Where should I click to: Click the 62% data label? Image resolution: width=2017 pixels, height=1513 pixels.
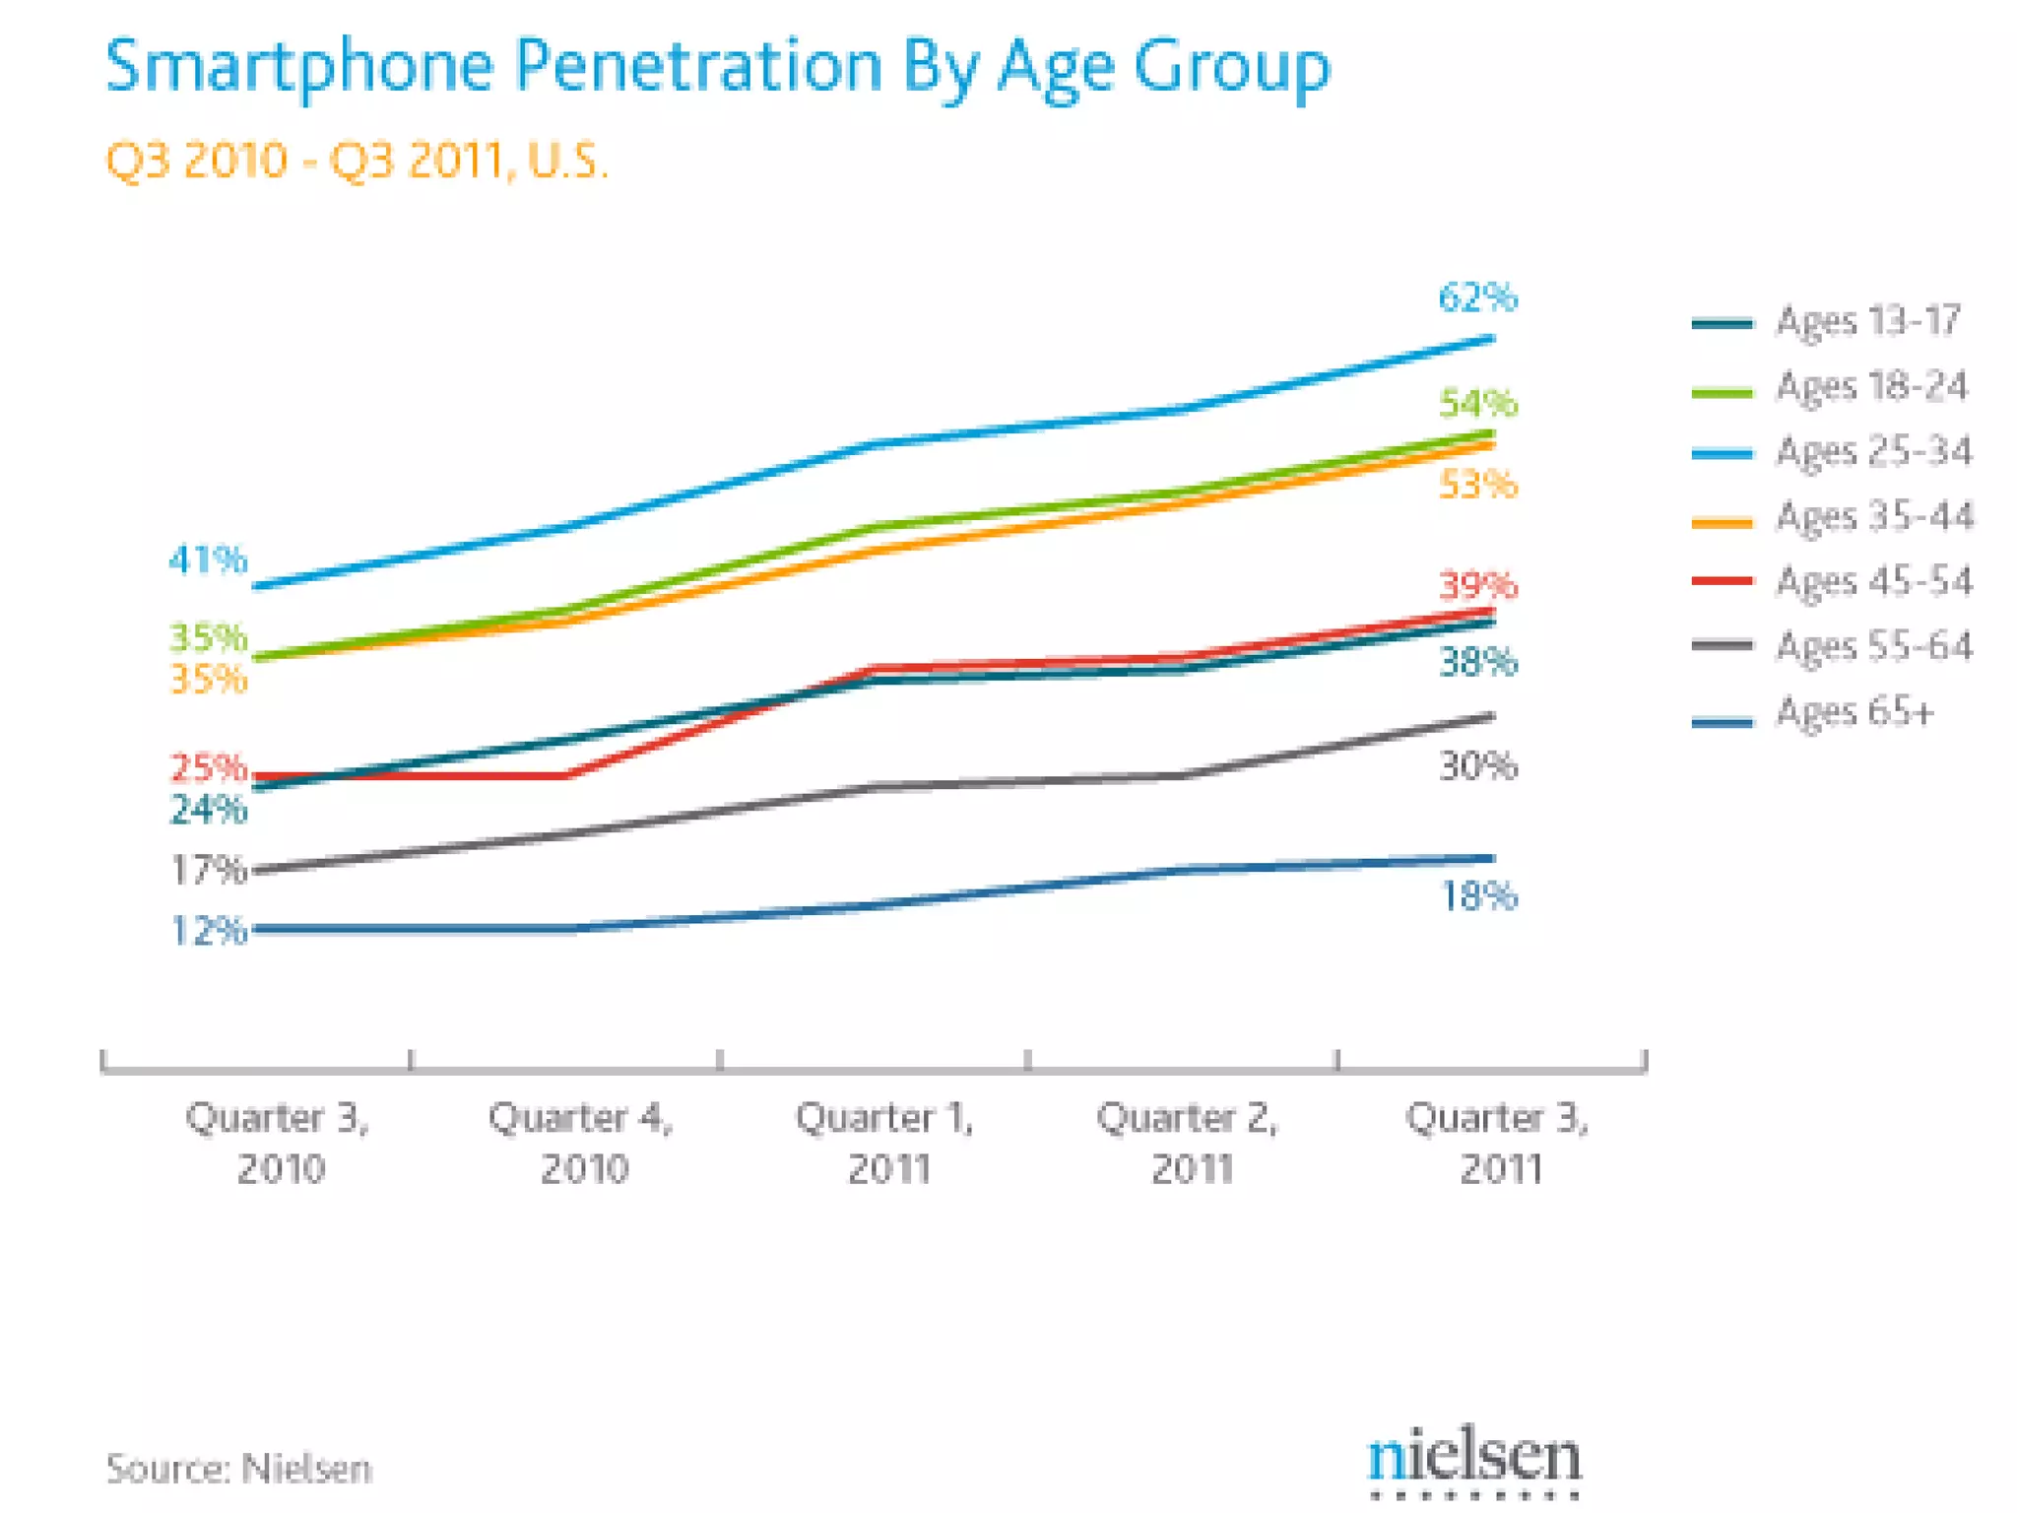(x=1477, y=297)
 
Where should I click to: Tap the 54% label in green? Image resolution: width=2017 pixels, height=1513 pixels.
(x=1477, y=404)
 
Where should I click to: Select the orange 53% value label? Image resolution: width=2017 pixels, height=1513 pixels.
(x=1477, y=485)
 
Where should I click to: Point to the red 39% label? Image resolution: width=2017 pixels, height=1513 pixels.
(x=1477, y=586)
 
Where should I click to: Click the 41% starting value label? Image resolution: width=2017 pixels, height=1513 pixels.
(x=208, y=560)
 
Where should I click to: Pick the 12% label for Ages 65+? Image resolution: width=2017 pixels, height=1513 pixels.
(x=208, y=931)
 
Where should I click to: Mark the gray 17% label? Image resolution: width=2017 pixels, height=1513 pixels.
(x=208, y=870)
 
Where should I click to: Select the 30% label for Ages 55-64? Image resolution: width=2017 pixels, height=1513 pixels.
(x=1477, y=765)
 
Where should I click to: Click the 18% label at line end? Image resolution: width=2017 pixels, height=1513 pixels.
(x=1477, y=896)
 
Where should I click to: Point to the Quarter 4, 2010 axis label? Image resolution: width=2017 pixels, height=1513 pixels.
(x=582, y=1143)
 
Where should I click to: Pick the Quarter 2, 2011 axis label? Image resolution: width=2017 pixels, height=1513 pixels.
(x=1190, y=1143)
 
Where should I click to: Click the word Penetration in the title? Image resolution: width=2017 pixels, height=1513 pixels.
(x=698, y=66)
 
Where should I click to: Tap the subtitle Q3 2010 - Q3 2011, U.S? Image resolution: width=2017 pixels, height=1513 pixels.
(x=357, y=161)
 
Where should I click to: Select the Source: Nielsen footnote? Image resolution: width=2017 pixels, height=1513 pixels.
(x=239, y=1469)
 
